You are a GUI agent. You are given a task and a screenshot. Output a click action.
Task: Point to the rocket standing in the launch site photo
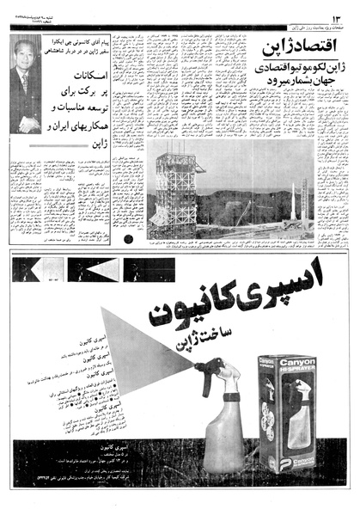pos(303,204)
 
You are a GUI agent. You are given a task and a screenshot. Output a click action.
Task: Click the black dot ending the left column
pos(128,239)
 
